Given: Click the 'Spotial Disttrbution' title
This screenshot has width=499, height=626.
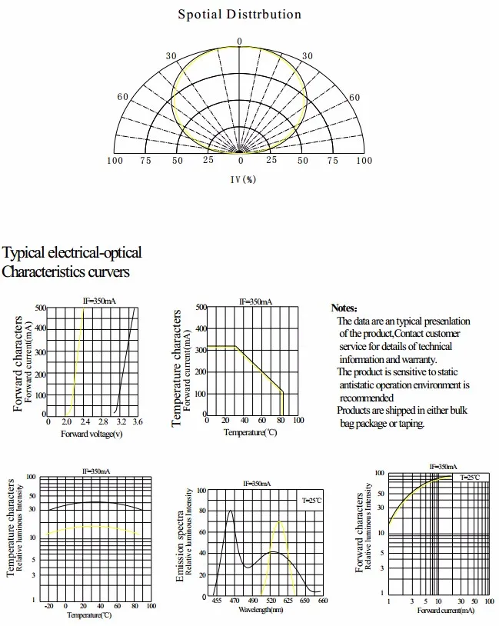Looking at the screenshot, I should click(239, 14).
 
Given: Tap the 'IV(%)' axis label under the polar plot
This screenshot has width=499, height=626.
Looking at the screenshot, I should click(242, 179).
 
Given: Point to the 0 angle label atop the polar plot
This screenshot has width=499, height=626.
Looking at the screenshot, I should click(239, 42).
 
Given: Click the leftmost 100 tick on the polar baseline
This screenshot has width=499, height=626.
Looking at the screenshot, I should click(115, 161).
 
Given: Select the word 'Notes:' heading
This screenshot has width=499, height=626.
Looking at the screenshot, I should click(344, 308).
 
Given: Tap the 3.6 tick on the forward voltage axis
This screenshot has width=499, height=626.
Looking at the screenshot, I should click(137, 421).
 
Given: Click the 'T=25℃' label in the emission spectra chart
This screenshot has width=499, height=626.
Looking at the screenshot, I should click(311, 501).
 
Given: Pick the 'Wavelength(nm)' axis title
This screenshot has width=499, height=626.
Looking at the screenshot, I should click(261, 610).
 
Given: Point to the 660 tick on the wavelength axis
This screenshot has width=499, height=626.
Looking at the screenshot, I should click(322, 601).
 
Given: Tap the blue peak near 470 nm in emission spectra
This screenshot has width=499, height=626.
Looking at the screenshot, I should click(229, 511).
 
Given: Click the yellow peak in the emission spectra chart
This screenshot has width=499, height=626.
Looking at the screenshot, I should click(279, 522).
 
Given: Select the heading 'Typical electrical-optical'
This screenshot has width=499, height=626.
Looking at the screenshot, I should click(72, 253).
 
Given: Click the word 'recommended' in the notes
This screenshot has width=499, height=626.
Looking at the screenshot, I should click(367, 398).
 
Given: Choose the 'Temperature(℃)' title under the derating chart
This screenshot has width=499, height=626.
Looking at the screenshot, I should click(250, 432).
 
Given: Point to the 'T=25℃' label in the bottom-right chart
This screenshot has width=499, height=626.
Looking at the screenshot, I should click(469, 478).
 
